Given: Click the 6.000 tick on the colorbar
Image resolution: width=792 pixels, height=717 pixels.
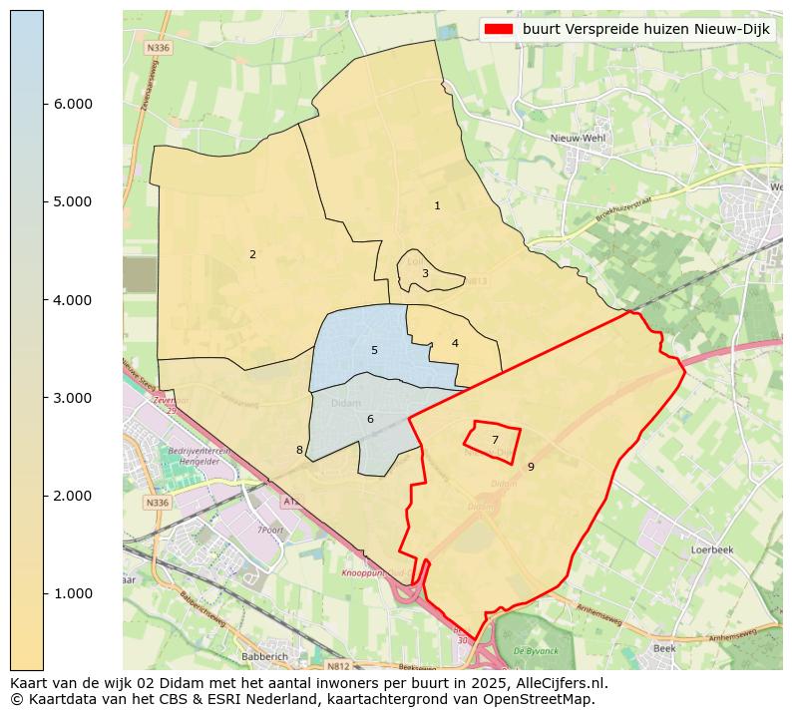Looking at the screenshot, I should click(44, 104).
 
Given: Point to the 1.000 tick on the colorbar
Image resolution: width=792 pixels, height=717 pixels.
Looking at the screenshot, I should click(44, 593).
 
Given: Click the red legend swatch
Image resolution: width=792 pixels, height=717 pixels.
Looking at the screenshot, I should click(498, 29).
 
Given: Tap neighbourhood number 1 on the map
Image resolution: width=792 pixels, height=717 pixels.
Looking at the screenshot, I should click(437, 205).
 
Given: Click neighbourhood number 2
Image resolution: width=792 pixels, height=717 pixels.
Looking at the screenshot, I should click(252, 254).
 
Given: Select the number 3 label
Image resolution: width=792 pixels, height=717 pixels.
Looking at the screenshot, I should click(425, 273).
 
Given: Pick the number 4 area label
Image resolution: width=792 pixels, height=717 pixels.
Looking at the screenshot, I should click(455, 343).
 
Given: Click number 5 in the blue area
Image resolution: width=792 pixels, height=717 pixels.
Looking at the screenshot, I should click(374, 350).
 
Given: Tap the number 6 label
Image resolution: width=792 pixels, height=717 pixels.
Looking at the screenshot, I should click(370, 419).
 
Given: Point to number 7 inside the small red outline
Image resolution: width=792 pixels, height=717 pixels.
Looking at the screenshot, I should click(495, 440).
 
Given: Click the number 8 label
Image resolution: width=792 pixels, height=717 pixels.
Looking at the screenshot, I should click(299, 450).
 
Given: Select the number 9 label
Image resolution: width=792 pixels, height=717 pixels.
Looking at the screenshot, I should click(531, 466).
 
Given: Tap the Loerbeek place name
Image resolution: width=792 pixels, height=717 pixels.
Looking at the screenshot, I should click(712, 549).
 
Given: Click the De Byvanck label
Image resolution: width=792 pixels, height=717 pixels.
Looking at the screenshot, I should click(534, 650).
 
